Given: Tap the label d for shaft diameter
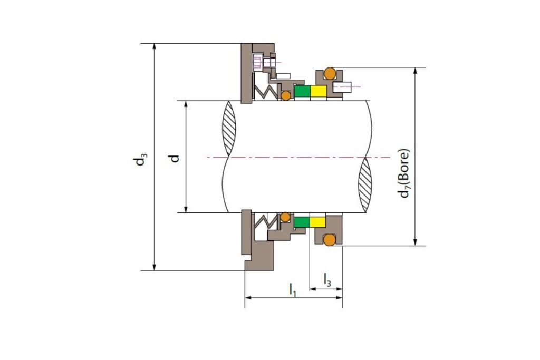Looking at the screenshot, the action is point(175,158).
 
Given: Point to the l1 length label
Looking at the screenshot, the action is point(292,289).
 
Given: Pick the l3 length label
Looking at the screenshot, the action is point(327,279).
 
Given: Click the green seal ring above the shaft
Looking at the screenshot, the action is point(302,91).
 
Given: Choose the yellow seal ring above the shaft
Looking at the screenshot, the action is point(318,91).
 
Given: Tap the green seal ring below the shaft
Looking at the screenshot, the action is point(302,222).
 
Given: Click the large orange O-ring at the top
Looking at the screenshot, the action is point(330,73).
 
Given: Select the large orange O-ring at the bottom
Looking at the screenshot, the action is point(330,240).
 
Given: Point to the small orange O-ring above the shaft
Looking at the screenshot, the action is point(285,95).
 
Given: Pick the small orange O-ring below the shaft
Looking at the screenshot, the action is point(285,217).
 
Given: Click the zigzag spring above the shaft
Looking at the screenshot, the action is point(265,91).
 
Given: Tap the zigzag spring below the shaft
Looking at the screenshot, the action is point(266,221).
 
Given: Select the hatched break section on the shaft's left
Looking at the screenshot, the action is point(230,128).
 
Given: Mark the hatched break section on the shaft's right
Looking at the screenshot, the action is point(365,186).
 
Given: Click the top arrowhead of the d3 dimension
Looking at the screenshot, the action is point(155,47).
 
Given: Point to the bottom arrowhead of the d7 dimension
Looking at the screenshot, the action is point(416,242).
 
